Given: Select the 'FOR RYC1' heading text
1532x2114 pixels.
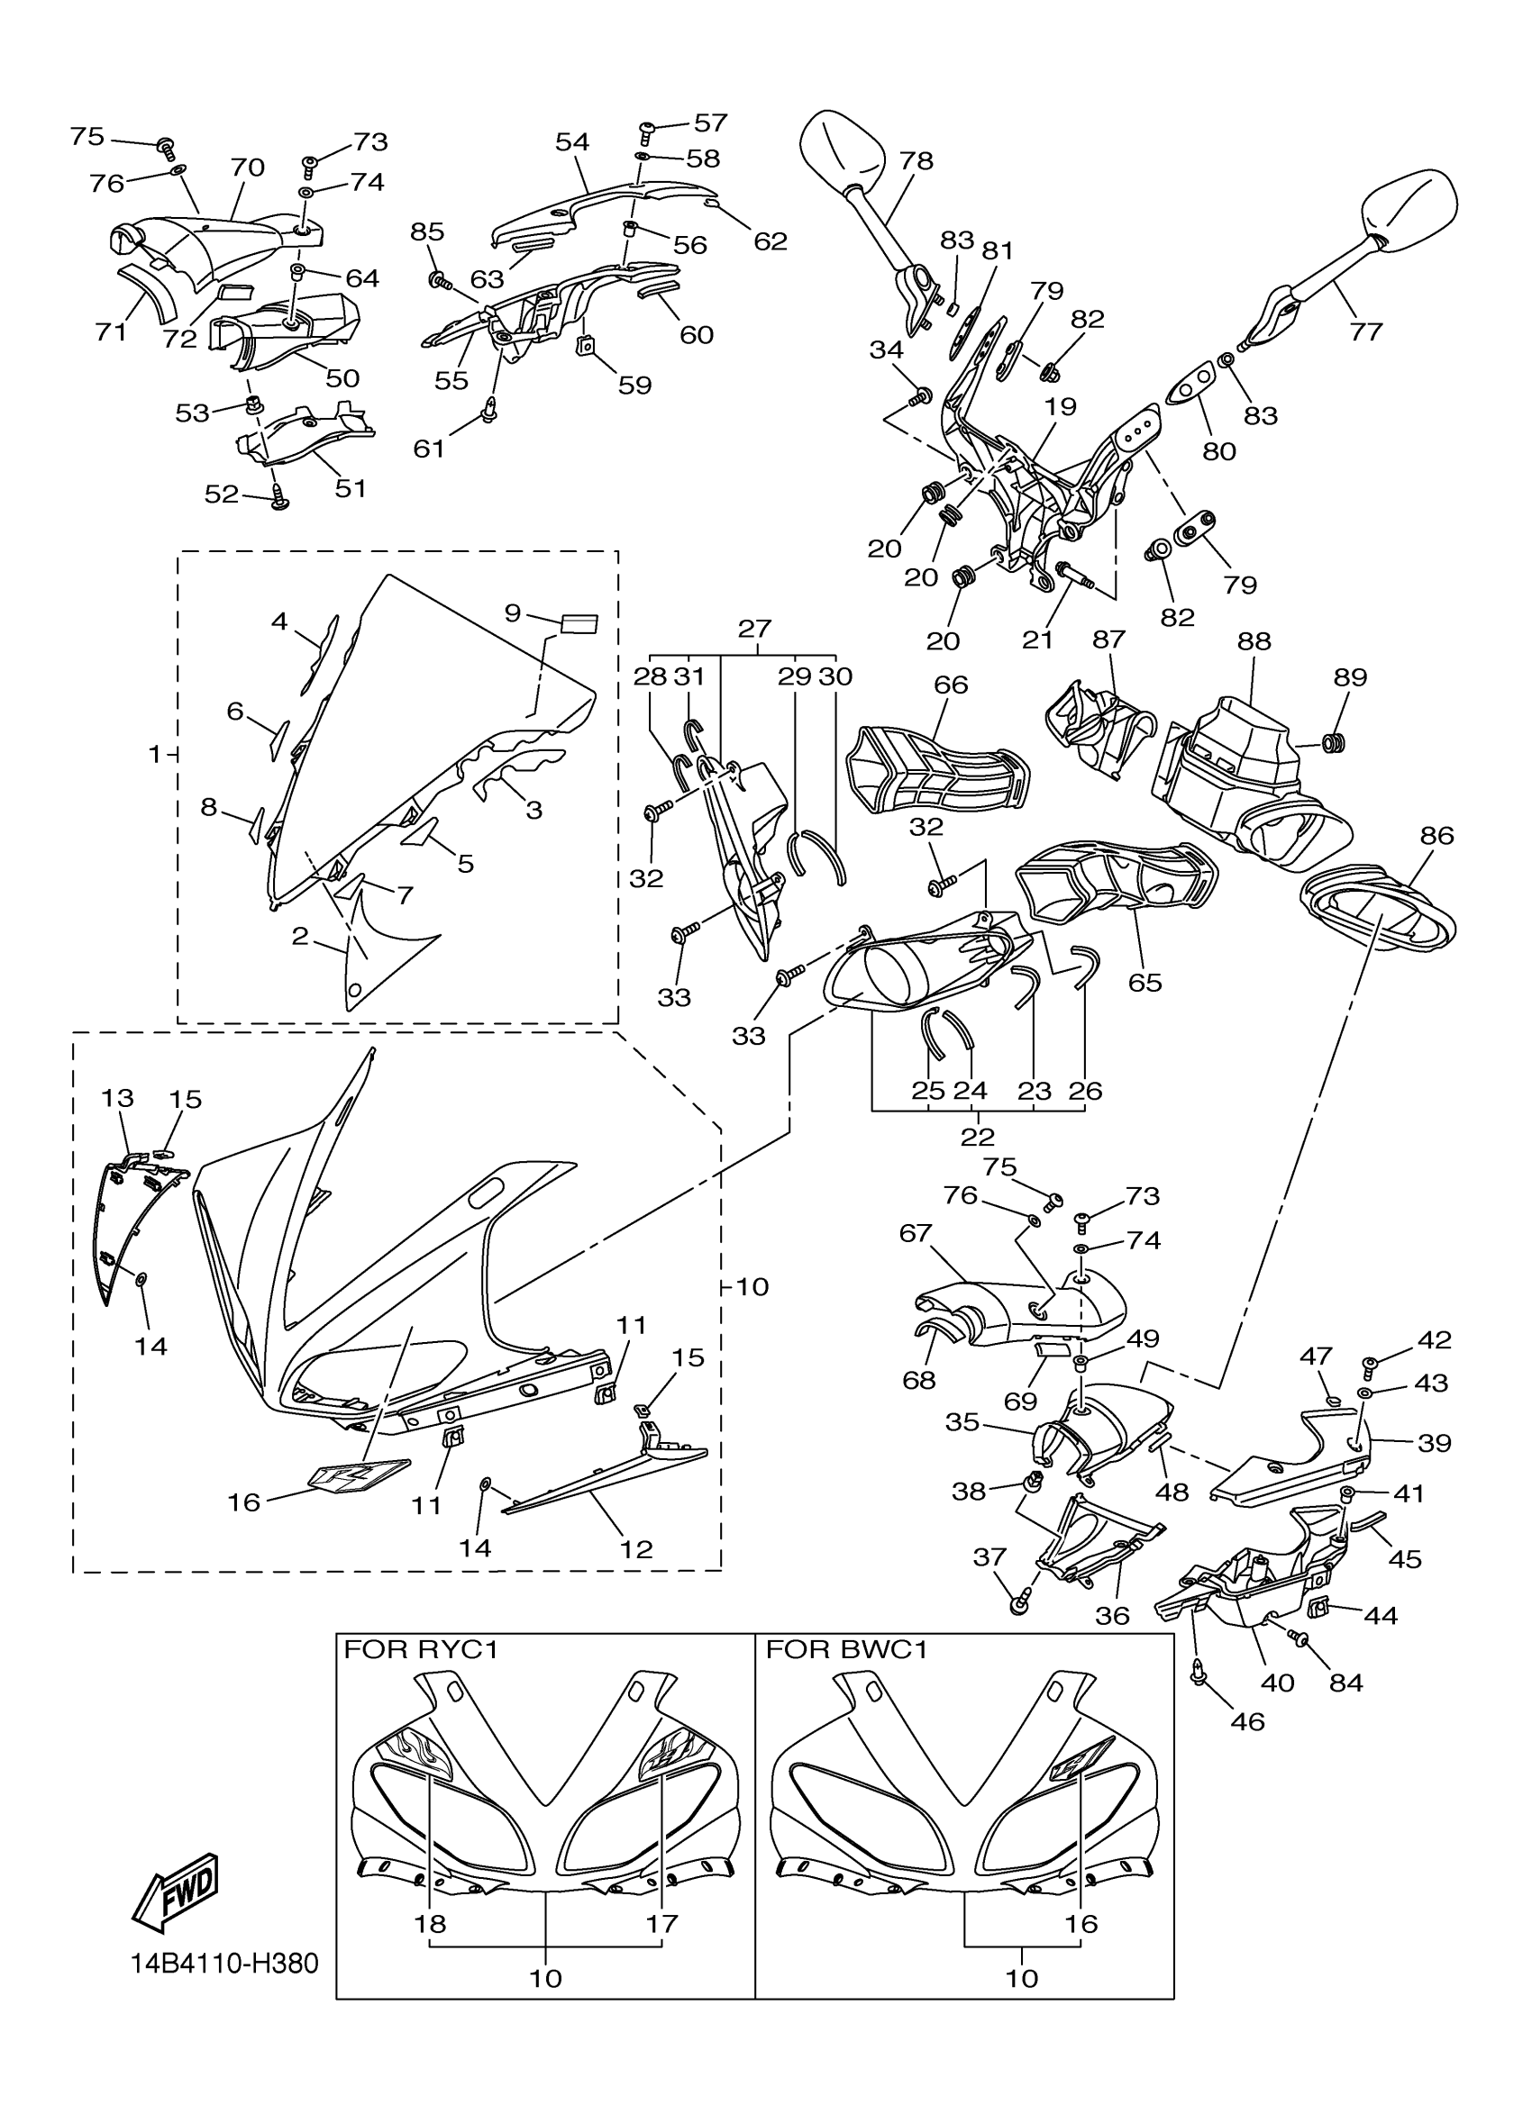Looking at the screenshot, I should [421, 1651].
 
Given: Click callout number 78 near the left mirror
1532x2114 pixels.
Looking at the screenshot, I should [916, 160].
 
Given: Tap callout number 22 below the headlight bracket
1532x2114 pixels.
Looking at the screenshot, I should [977, 1136].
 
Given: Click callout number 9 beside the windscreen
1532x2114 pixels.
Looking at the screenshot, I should [512, 612].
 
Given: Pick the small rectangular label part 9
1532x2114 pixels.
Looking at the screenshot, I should [579, 623].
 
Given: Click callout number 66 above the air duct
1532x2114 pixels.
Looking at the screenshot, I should [950, 685].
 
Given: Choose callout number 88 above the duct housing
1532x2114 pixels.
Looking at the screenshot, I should [1254, 641].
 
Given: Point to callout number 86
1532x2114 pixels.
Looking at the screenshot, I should [1436, 836].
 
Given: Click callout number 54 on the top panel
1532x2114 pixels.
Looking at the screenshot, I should [571, 141].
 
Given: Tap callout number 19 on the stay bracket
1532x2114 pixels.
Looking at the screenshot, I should [1060, 406].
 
